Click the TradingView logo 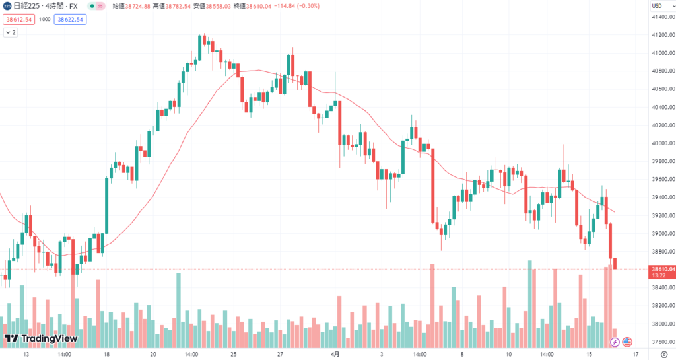[41, 339]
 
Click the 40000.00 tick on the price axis [661, 143]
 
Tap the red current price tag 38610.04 [661, 269]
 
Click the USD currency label [658, 6]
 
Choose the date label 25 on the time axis [234, 354]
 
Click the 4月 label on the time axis [335, 354]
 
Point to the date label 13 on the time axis [26, 354]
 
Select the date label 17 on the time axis [635, 354]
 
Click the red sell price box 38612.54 [18, 20]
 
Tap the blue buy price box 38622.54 [71, 20]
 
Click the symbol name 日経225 [27, 6]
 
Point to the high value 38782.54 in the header [179, 6]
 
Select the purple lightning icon [615, 342]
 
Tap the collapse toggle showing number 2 [11, 32]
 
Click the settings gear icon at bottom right [664, 354]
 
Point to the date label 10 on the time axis [508, 354]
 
